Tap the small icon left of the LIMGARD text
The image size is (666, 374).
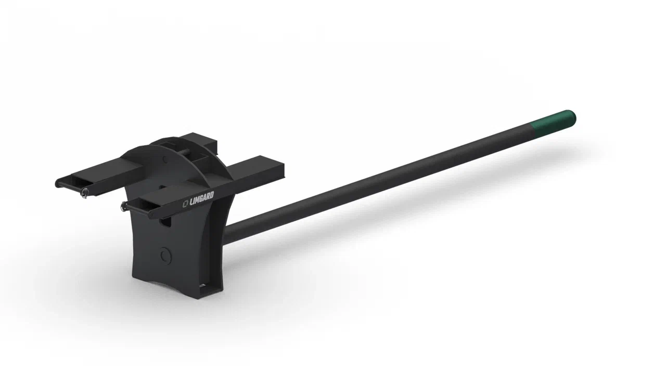[x=186, y=205]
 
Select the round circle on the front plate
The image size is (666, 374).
[x=165, y=255]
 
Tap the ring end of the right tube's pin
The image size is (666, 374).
[x=123, y=207]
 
